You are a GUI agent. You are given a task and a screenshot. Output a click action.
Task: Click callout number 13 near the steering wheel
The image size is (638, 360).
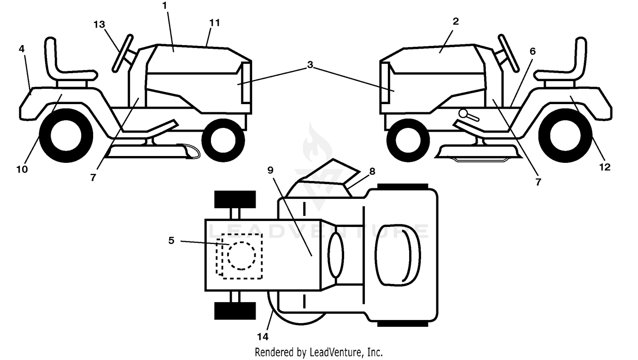click(99, 25)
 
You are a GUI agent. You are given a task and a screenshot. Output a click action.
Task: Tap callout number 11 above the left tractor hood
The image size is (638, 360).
click(214, 23)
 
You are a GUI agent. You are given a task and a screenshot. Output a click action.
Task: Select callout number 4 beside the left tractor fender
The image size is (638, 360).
click(22, 49)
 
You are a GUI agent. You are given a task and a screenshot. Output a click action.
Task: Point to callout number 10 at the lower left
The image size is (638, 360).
click(22, 169)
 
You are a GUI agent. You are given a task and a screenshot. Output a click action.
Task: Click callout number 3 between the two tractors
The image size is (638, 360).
click(310, 65)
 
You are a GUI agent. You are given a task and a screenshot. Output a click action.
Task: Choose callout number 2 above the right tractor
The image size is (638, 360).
click(456, 21)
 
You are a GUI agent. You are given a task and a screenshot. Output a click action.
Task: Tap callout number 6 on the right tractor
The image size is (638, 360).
click(533, 51)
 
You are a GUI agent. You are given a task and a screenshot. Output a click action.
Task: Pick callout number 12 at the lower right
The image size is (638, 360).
click(605, 167)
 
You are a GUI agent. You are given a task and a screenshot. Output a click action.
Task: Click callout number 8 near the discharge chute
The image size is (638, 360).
click(372, 171)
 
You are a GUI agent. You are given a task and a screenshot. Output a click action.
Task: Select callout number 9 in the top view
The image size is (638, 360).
click(270, 170)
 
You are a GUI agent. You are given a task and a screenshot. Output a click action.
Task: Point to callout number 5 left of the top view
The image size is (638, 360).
click(171, 241)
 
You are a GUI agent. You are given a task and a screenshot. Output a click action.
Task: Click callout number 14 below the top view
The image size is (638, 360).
click(262, 337)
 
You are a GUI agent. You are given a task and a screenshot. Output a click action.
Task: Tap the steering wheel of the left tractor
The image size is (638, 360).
click(122, 54)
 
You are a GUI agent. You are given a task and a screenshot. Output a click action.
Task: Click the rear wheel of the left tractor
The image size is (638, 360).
click(66, 136)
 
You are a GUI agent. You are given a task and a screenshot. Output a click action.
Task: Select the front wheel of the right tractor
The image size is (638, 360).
click(408, 140)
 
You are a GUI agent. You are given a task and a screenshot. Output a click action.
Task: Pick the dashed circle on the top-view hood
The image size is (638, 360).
click(242, 255)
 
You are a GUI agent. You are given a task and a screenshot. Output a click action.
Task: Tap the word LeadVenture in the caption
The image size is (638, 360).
click(336, 352)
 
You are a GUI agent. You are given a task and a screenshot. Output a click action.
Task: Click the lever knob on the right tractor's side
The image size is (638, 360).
click(463, 113)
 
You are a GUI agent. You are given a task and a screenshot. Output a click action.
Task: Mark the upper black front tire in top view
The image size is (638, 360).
click(235, 199)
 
